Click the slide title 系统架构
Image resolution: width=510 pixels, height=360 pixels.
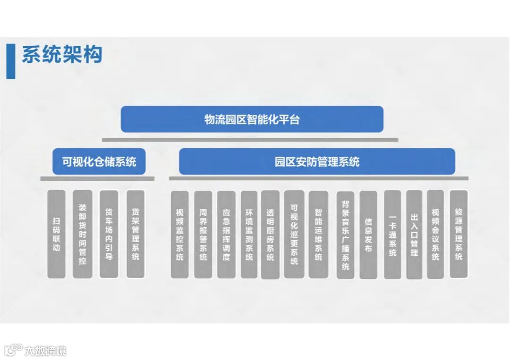click(62, 55)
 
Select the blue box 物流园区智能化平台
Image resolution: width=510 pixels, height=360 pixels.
click(252, 119)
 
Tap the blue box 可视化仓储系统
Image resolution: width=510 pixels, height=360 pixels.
click(99, 162)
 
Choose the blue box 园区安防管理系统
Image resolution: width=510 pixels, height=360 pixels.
click(317, 162)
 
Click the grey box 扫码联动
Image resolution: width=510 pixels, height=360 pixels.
click(57, 234)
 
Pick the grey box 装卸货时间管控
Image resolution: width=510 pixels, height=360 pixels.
click(83, 234)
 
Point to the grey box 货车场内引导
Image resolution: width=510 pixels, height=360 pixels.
click(109, 234)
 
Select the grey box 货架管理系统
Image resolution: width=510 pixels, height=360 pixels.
click(136, 234)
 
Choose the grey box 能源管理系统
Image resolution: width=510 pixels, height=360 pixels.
click(459, 234)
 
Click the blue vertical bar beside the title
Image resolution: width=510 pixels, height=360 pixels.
click(10, 61)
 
